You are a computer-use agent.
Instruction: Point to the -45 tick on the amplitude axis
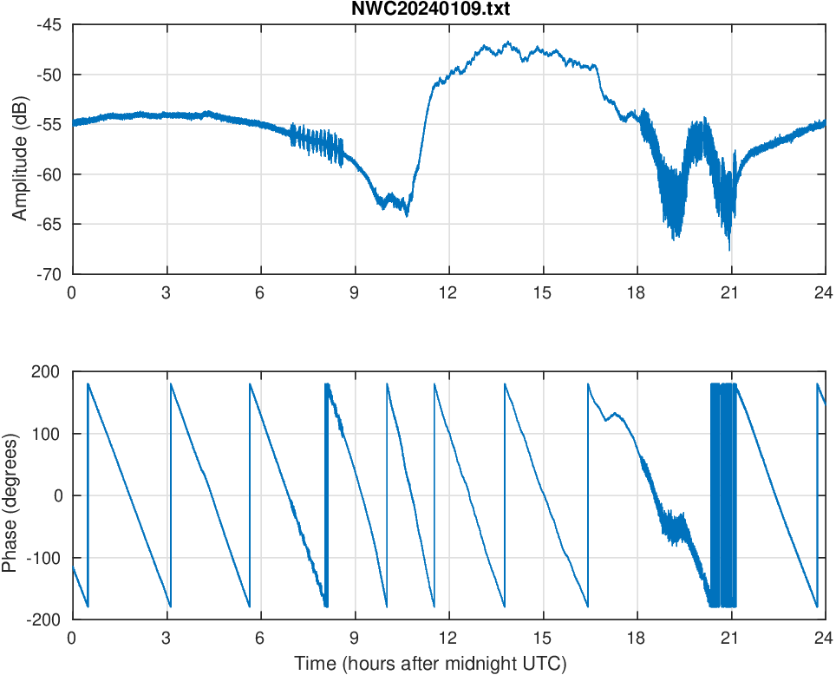pos(49,24)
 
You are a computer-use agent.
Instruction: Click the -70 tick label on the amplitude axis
pos(49,274)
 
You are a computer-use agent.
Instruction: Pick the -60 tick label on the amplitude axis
pos(49,174)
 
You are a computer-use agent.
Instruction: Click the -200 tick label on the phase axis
pos(44,619)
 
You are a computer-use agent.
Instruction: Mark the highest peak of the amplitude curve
pos(507,42)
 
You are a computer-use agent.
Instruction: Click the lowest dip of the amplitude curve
pos(729,250)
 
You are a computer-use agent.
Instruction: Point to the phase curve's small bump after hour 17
pos(615,413)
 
